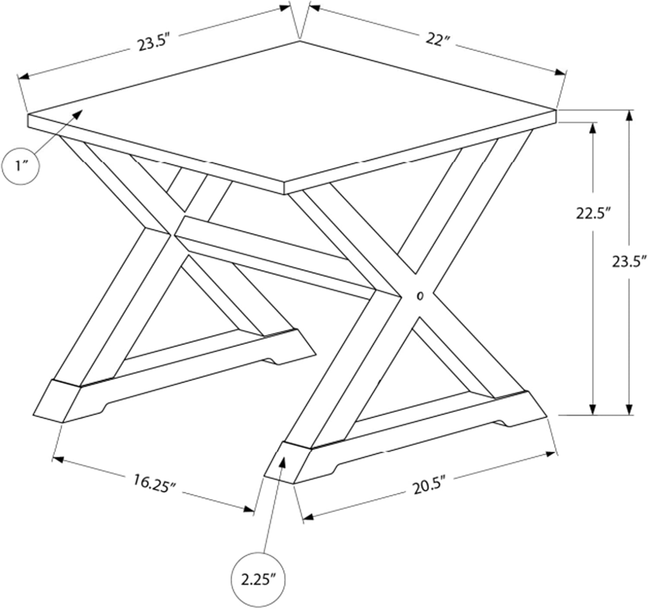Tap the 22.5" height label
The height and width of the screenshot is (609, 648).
point(593,214)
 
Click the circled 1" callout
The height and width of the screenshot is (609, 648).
point(21,166)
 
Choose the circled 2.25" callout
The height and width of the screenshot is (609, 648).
point(258,580)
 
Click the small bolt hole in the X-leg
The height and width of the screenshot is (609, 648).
point(421,297)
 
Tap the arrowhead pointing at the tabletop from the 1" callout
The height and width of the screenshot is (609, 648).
point(78,114)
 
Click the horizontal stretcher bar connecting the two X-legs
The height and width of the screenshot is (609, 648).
point(276,258)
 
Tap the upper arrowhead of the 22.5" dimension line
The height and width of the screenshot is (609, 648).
point(593,129)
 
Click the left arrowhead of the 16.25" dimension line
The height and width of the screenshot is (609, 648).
point(58,459)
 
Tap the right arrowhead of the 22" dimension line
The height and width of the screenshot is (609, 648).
point(560,73)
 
